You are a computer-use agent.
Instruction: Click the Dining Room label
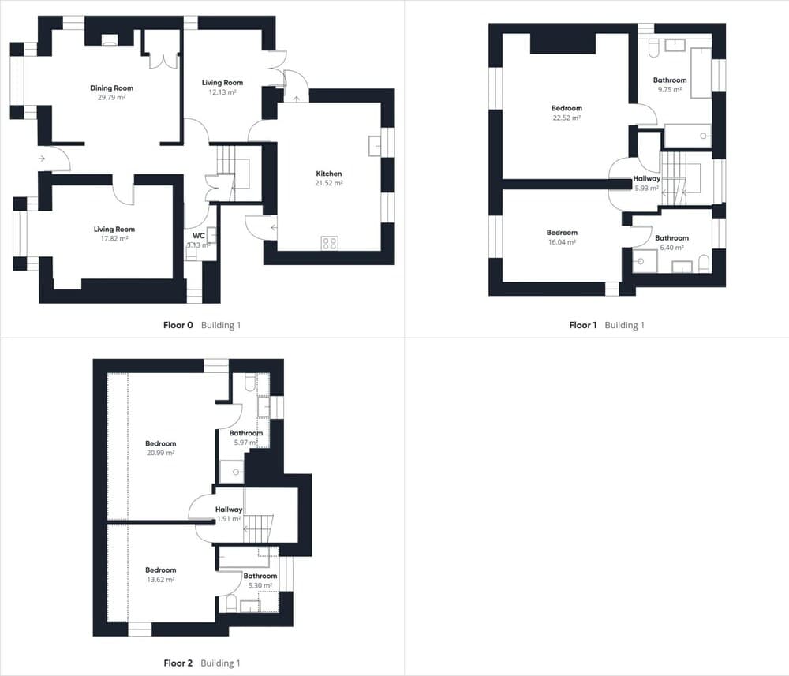[x=112, y=88]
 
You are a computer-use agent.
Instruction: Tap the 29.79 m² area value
[x=112, y=98]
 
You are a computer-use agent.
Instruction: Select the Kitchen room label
[x=329, y=174]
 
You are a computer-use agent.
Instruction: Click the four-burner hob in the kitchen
[x=330, y=244]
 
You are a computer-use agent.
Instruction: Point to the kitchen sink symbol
[x=374, y=146]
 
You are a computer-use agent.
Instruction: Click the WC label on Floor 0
[x=199, y=236]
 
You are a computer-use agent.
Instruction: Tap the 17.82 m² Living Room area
[x=114, y=239]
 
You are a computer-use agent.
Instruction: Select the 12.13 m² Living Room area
[x=222, y=92]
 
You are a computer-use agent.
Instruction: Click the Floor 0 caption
[x=178, y=325]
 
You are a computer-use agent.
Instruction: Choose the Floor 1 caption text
[x=583, y=325]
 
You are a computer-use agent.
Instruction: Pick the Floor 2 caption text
[x=178, y=663]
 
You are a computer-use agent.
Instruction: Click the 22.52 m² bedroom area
[x=567, y=118]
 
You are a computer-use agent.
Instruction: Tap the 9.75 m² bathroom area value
[x=670, y=90]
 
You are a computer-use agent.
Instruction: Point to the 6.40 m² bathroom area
[x=671, y=248]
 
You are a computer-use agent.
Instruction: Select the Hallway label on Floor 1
[x=647, y=178]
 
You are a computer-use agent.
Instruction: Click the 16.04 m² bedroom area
[x=562, y=242]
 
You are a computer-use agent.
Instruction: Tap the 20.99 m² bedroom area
[x=160, y=454]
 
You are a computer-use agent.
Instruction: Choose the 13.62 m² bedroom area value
[x=160, y=580]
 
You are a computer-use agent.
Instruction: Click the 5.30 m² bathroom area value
[x=260, y=585]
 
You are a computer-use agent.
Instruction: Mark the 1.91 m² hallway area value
[x=229, y=519]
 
